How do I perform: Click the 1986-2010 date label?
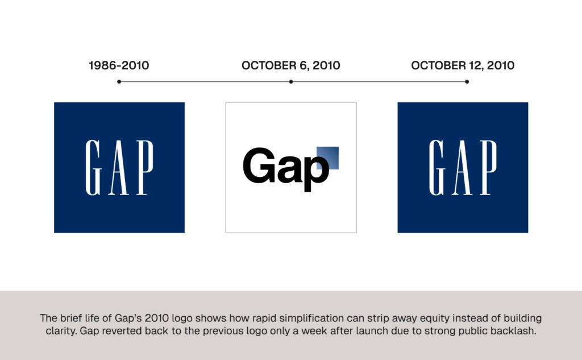coord(119,65)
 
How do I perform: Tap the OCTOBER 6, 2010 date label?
coord(291,65)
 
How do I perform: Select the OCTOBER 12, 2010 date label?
coord(463,65)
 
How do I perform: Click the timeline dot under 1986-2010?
coord(119,82)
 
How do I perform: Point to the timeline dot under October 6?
coord(291,82)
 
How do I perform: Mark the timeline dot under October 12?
coord(467,82)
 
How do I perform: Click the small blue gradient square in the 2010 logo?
coord(327,158)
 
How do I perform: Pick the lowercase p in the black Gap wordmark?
coord(316,172)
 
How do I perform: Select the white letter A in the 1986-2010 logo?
coord(119,168)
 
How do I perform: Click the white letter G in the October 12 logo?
coord(436,168)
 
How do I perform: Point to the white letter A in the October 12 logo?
coord(462,168)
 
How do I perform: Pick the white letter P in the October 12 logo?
coord(488,168)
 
